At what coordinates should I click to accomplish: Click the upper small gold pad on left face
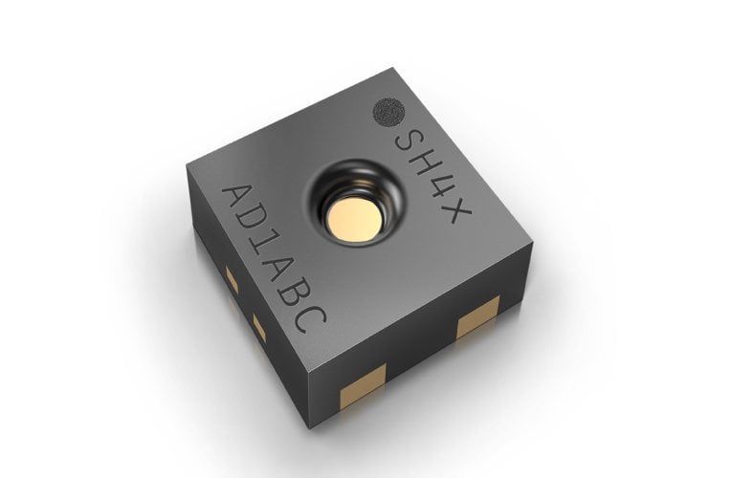click(232, 277)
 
